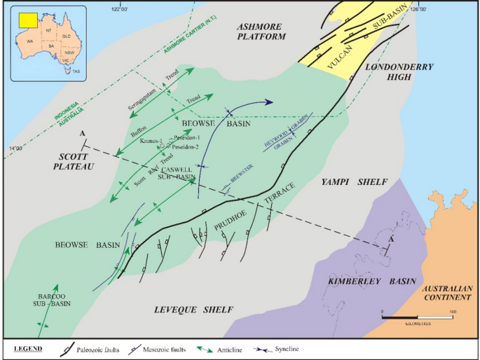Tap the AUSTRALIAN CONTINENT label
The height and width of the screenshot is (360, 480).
pyautogui.click(x=446, y=295)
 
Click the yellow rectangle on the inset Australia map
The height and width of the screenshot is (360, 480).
pyautogui.click(x=28, y=20)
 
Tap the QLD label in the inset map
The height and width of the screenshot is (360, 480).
pyautogui.click(x=67, y=34)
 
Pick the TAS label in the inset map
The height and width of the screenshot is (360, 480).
pyautogui.click(x=76, y=71)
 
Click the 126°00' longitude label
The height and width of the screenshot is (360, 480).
pyautogui.click(x=418, y=8)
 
